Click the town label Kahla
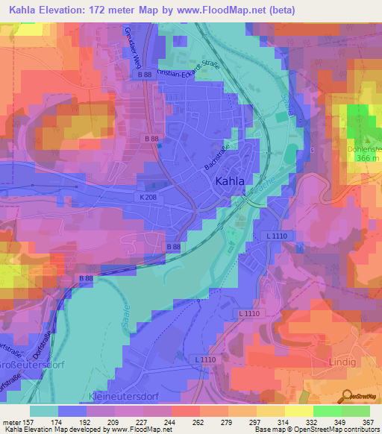click(x=229, y=180)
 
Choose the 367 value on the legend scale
click(x=368, y=421)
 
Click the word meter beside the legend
click(x=11, y=421)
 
